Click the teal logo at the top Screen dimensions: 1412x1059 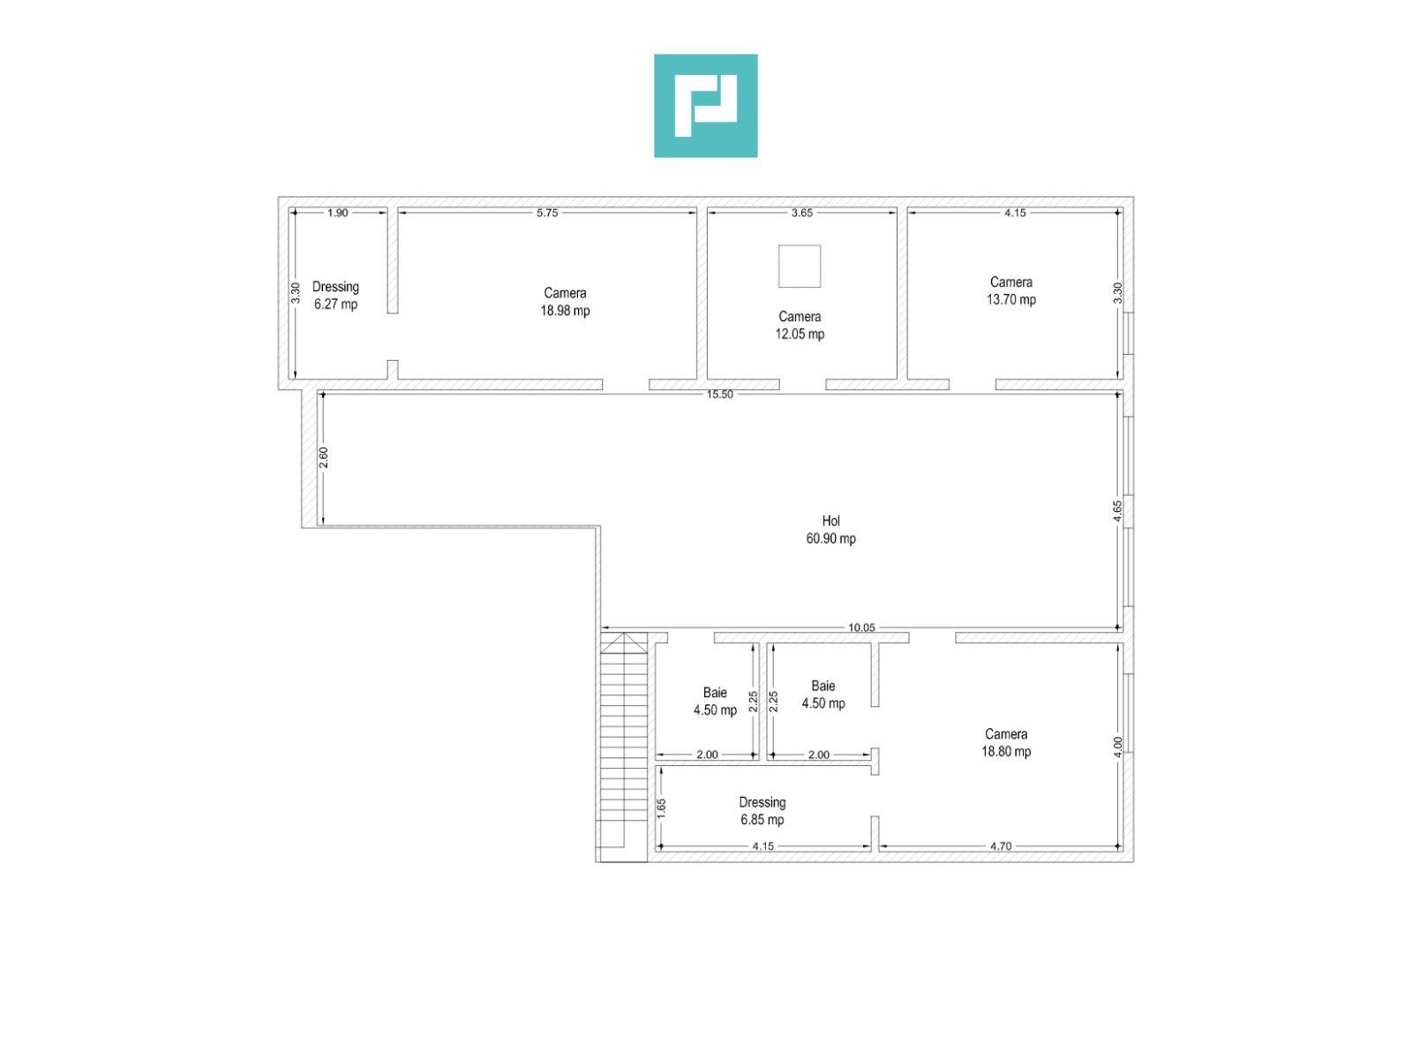pos(705,105)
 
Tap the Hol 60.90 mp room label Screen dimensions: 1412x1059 pos(830,529)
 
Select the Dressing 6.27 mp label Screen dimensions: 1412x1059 pos(335,296)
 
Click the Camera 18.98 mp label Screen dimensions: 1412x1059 pos(565,302)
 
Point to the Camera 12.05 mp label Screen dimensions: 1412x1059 pos(800,326)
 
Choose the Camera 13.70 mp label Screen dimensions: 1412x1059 pos(1011,290)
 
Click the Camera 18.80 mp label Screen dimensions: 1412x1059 pos(1006,743)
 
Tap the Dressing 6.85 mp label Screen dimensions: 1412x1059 pos(762,811)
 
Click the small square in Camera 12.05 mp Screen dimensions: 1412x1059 pos(800,267)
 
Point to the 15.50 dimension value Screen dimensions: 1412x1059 pos(720,394)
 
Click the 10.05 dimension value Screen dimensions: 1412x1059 pos(861,627)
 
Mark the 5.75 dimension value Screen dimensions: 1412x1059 pos(547,213)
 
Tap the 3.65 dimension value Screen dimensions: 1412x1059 pos(802,213)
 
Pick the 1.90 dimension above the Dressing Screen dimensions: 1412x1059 pos(338,213)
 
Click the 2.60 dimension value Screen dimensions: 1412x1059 pos(324,458)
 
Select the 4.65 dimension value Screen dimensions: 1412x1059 pos(1117,511)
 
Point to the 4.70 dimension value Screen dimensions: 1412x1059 pos(1001,846)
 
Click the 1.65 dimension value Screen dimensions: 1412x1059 pos(661,809)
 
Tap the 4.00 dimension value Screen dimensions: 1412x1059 pos(1117,747)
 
